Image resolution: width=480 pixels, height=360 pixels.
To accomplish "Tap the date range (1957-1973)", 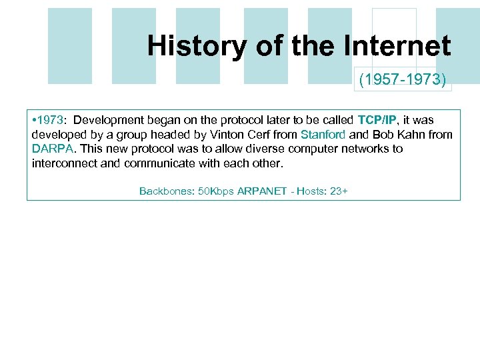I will [x=403, y=81].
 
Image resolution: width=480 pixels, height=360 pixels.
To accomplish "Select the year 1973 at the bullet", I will [x=50, y=120].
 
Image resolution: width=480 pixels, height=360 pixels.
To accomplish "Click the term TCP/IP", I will [x=377, y=120].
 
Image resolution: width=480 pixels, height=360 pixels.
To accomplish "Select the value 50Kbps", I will [x=216, y=191].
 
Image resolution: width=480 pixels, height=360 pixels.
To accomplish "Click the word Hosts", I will [x=311, y=191].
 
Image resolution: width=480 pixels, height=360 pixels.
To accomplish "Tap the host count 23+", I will [x=339, y=191].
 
